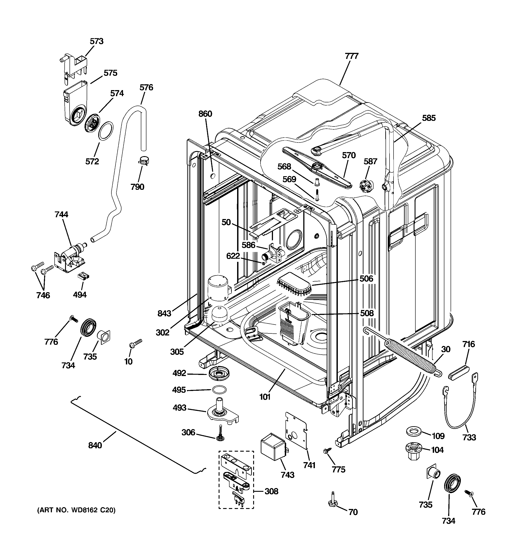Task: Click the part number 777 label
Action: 352,56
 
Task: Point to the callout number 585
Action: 429,118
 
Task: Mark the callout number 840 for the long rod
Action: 95,445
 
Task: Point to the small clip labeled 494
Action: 83,276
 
